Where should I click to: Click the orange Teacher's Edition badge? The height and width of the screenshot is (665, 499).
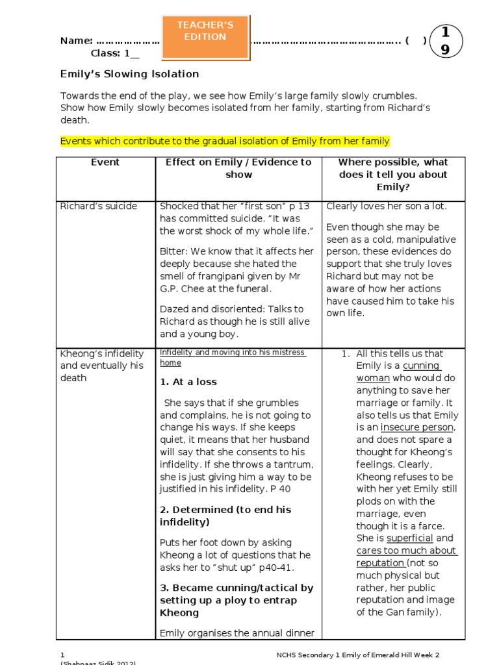tap(205, 36)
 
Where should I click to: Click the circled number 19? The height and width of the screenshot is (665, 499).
tap(445, 41)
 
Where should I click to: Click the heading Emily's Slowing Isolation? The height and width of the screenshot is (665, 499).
tap(129, 74)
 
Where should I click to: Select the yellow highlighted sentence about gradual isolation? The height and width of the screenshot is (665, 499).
tap(225, 141)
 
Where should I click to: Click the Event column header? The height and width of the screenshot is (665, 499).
tap(105, 162)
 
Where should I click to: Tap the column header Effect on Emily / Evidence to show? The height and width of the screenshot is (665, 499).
tap(238, 168)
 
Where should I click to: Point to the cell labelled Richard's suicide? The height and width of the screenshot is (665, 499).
tap(99, 207)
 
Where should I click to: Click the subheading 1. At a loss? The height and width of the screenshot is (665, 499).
tap(188, 382)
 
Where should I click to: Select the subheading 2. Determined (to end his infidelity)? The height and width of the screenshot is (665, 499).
tap(225, 516)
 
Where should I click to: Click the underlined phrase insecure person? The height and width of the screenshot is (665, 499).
tap(417, 427)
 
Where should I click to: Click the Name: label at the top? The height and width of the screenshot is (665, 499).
tap(76, 41)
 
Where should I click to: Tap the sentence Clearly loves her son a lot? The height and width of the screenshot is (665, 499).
tap(386, 207)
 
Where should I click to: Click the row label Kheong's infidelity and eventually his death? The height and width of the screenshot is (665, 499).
tap(101, 366)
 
